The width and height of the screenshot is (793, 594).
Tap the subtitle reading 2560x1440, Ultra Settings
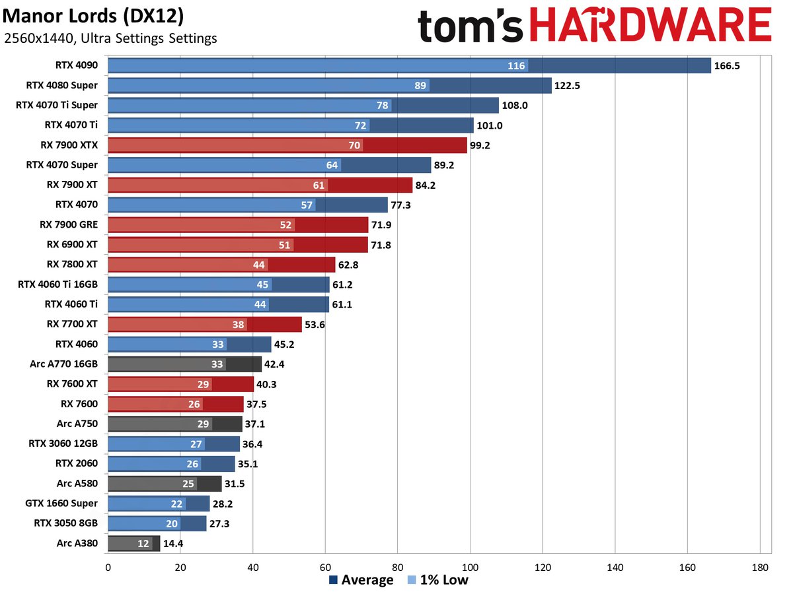pyautogui.click(x=110, y=38)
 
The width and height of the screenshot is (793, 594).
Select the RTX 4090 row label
pyautogui.click(x=77, y=65)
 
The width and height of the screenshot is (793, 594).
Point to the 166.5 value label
pyautogui.click(x=728, y=66)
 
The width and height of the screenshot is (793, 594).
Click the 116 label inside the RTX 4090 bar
pyautogui.click(x=516, y=66)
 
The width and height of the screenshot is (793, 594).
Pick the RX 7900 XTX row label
pyautogui.click(x=68, y=145)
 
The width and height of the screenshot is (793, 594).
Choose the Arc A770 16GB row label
pyautogui.click(x=63, y=364)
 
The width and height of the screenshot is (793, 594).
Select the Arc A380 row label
pyautogui.click(x=77, y=543)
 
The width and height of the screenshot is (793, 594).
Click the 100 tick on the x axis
pyautogui.click(x=470, y=566)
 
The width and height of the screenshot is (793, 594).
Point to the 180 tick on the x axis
pyautogui.click(x=760, y=566)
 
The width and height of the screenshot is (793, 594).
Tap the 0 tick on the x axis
pyautogui.click(x=108, y=566)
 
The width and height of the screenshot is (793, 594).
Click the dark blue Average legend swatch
pyautogui.click(x=334, y=581)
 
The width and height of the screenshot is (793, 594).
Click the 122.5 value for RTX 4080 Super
pyautogui.click(x=569, y=86)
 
